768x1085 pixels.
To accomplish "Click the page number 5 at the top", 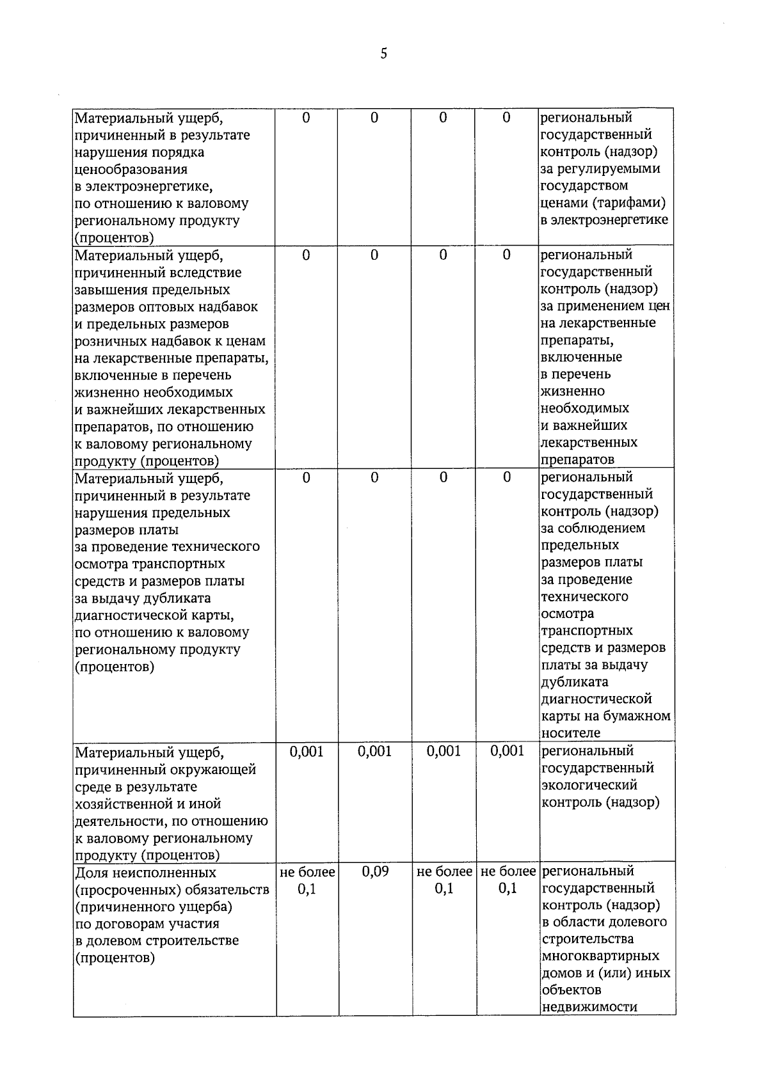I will coord(383,54).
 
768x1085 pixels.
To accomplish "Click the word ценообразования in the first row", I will coord(131,170).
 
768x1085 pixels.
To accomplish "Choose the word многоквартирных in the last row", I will coord(600,956).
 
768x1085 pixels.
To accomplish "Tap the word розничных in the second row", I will coord(108,341).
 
